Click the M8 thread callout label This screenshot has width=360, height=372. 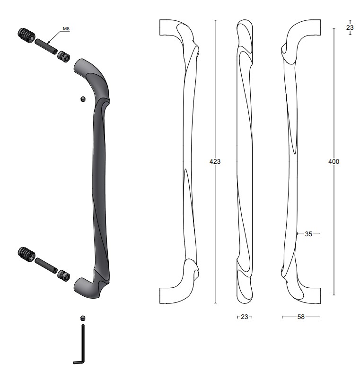[x=66, y=29]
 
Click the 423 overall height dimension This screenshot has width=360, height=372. [x=215, y=161]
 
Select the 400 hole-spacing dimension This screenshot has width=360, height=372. [x=334, y=161]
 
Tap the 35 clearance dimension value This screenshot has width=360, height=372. [x=308, y=234]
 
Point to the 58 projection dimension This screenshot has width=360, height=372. [x=301, y=317]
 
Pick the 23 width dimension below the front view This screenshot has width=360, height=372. [x=245, y=317]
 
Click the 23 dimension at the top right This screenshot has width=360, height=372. [x=350, y=27]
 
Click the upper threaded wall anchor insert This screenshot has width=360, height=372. [x=26, y=35]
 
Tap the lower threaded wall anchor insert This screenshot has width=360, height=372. [x=26, y=255]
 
